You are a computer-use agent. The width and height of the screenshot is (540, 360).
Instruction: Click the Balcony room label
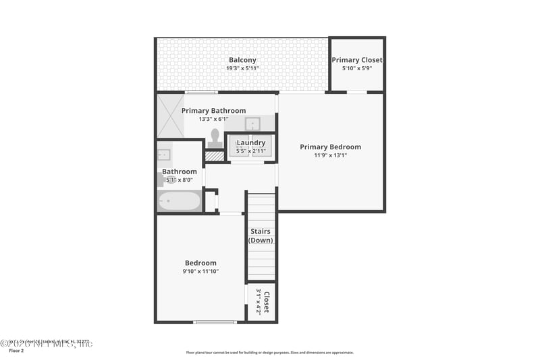(242, 60)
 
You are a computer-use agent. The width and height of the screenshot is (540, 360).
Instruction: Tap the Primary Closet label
(357, 60)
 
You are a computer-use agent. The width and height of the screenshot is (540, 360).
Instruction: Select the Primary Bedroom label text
(330, 147)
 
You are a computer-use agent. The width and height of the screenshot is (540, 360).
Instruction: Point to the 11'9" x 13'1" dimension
(330, 155)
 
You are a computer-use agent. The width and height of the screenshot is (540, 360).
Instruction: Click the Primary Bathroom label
(213, 111)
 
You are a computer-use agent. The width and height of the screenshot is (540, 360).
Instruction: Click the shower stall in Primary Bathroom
(170, 115)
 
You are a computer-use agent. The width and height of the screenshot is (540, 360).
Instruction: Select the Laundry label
(251, 143)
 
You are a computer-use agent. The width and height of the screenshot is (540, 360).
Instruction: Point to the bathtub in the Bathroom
(180, 201)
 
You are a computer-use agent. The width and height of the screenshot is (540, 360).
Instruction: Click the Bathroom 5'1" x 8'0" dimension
(180, 180)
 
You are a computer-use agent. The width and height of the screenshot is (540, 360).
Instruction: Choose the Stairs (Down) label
(261, 236)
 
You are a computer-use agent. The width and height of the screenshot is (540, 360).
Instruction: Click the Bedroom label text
(200, 263)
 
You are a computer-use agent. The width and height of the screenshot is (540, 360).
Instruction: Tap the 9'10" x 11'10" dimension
(200, 272)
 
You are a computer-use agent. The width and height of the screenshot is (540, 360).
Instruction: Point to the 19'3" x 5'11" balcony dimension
(242, 68)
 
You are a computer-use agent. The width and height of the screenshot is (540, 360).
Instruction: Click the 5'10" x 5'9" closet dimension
(357, 68)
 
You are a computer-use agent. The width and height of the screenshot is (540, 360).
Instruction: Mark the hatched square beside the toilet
(214, 156)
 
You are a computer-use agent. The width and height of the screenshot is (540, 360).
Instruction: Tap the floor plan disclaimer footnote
(269, 352)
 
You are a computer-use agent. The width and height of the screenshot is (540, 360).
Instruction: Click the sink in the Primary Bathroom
(253, 124)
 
